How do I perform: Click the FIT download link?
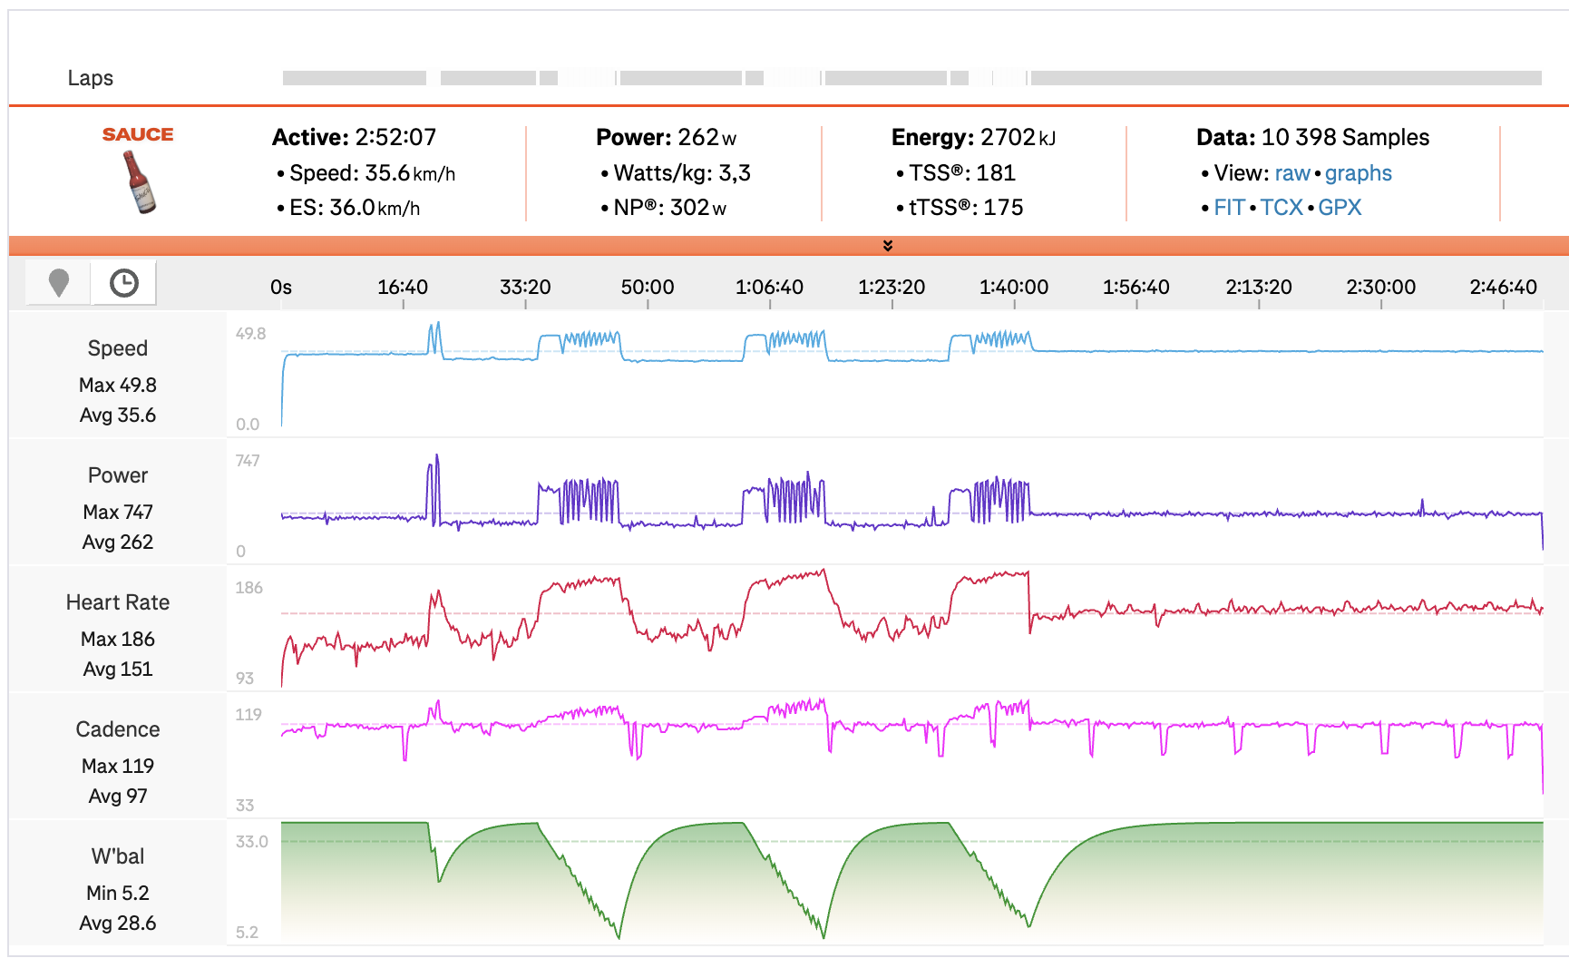coord(1229,208)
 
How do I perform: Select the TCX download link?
coord(1282,208)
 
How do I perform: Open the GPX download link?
coord(1340,208)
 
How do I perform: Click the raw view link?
coord(1292,173)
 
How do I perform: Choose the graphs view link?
coord(1358,173)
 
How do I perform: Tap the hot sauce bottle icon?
coord(139,181)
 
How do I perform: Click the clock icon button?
coord(124,283)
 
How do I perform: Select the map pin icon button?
coord(59,283)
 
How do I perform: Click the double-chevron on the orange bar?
coord(888,246)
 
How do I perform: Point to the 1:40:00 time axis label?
coord(1014,288)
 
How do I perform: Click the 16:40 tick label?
coord(403,288)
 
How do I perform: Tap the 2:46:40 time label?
coord(1503,288)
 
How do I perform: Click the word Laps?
coord(91,78)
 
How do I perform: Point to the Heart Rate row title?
coord(118,602)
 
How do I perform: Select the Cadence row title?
coord(118,729)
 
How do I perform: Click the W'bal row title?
coord(118,856)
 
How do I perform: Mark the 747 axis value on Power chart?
coord(248,461)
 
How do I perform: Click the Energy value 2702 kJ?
coord(1018,137)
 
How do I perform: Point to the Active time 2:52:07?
coord(395,137)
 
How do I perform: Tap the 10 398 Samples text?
coord(1345,137)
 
